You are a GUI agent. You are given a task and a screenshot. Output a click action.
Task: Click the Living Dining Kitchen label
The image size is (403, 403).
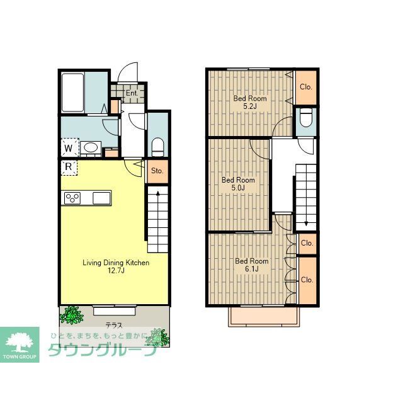pyautogui.click(x=116, y=263)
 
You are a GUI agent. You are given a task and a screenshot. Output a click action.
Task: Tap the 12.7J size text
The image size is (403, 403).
pyautogui.click(x=116, y=271)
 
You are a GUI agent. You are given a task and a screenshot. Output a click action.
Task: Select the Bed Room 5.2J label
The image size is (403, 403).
pyautogui.click(x=250, y=102)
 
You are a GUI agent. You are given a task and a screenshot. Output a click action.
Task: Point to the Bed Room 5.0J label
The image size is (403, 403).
pyautogui.click(x=238, y=184)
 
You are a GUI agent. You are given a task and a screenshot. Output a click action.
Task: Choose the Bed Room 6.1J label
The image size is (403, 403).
pyautogui.click(x=252, y=265)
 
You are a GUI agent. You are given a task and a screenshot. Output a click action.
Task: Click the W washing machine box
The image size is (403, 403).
pyautogui.click(x=70, y=147)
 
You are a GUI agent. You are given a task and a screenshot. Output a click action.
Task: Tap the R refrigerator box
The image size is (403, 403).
pyautogui.click(x=69, y=167)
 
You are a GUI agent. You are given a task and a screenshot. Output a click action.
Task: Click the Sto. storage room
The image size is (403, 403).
pyautogui.click(x=157, y=171)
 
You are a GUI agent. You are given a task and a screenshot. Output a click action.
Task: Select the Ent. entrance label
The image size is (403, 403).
pyautogui.click(x=132, y=93)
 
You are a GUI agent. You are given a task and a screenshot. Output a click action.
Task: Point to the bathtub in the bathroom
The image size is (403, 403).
pyautogui.click(x=73, y=93)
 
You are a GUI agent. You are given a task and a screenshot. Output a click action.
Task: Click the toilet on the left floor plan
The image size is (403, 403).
pyautogui.click(x=158, y=147)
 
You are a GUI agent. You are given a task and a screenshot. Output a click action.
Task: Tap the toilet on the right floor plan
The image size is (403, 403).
pyautogui.click(x=306, y=118)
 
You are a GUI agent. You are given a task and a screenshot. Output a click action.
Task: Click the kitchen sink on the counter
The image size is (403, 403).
pyautogui.click(x=101, y=198)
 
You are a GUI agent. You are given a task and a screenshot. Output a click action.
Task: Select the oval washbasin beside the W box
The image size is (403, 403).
pyautogui.click(x=91, y=148)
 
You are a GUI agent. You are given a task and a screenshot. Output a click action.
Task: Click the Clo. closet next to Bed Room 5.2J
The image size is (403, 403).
pyautogui.click(x=306, y=88)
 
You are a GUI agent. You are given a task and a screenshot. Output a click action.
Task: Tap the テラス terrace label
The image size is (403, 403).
pyautogui.click(x=114, y=326)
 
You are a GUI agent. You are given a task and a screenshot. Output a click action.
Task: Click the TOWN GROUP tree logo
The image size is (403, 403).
pyautogui.click(x=20, y=344)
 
